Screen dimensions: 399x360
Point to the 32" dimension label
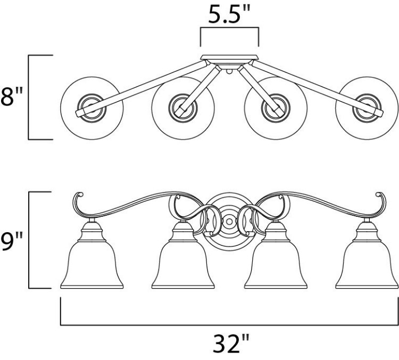pyautogui.click(x=231, y=343)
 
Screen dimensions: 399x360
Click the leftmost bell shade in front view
pyautogui.click(x=92, y=255)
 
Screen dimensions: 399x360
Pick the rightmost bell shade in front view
pyautogui.click(x=367, y=255)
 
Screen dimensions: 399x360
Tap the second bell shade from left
pyautogui.click(x=183, y=255)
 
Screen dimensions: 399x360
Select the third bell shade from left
pyautogui.click(x=276, y=255)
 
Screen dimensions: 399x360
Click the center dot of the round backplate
pyautogui.click(x=229, y=222)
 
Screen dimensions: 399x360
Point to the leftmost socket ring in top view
pyautogui.click(x=92, y=108)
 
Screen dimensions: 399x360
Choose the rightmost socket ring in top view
pyautogui.click(x=367, y=108)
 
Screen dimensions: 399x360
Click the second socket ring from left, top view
pyautogui.click(x=183, y=108)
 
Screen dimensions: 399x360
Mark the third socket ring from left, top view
pyautogui.click(x=276, y=108)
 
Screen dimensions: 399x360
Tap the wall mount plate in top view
pyautogui.click(x=229, y=58)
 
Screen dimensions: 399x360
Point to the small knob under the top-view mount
pyautogui.click(x=229, y=71)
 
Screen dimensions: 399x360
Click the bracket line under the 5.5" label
pyautogui.click(x=229, y=27)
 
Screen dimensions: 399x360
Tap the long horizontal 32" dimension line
pyautogui.click(x=229, y=325)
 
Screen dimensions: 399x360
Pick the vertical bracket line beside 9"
pyautogui.click(x=29, y=240)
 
